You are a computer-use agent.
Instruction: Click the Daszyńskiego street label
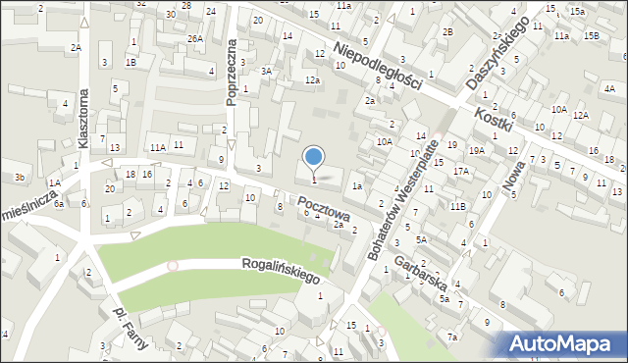point(497,54)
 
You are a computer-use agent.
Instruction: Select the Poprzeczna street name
point(233,72)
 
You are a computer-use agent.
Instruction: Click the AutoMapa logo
point(559,343)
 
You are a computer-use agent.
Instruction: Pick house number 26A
point(195,39)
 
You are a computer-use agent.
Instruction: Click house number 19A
point(476,150)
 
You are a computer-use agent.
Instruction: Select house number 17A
point(460,171)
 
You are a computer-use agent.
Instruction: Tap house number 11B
point(457,206)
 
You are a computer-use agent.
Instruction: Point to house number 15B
point(591,36)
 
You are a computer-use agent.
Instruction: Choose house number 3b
point(20,177)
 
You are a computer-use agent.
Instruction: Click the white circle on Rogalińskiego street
point(173,266)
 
